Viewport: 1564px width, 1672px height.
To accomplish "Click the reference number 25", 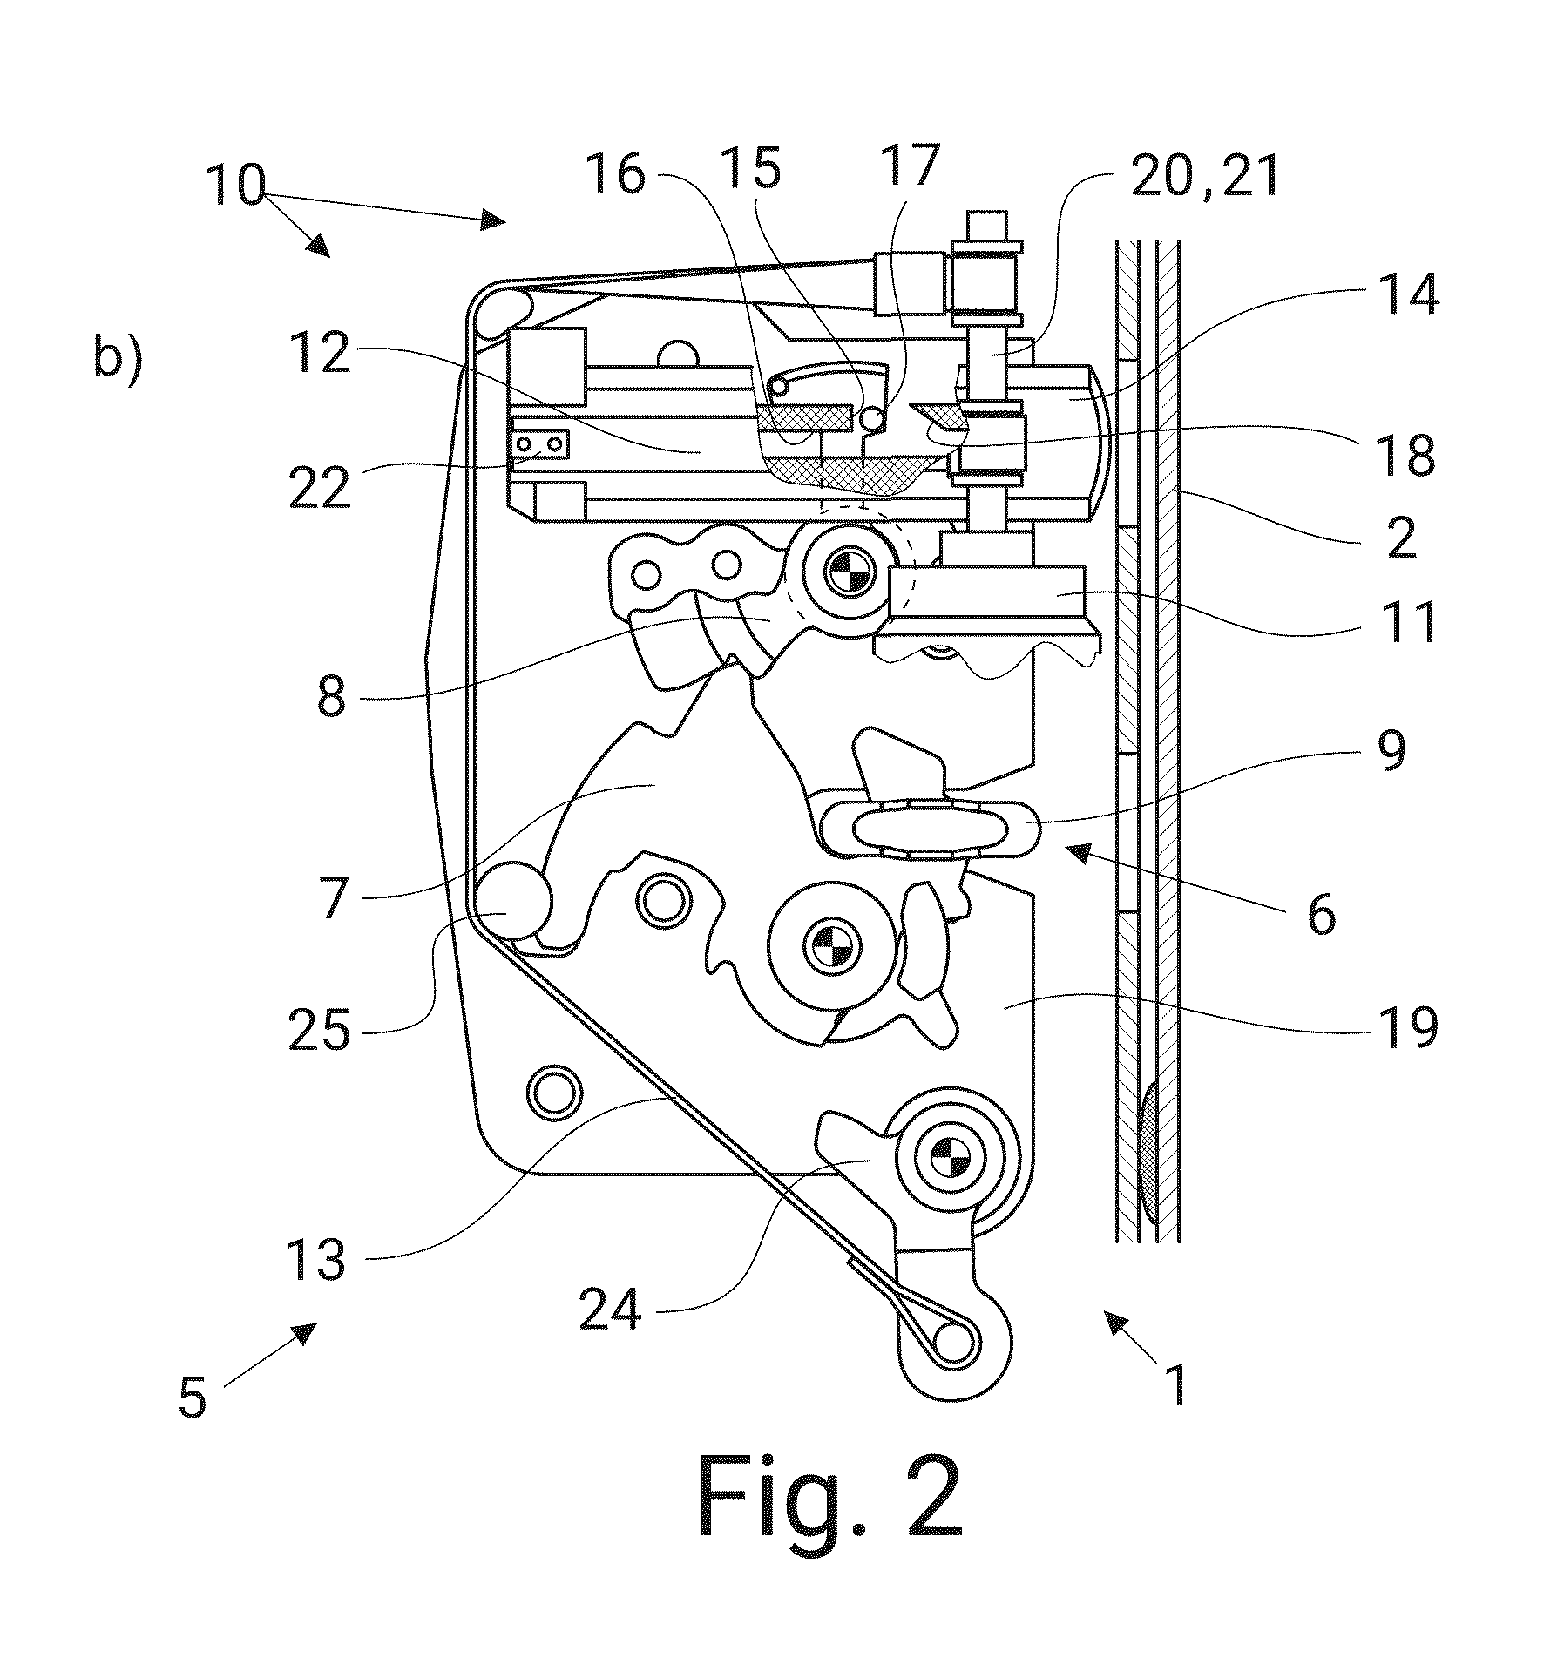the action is click(x=320, y=1032).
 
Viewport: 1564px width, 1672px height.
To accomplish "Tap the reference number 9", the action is click(x=1393, y=751).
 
